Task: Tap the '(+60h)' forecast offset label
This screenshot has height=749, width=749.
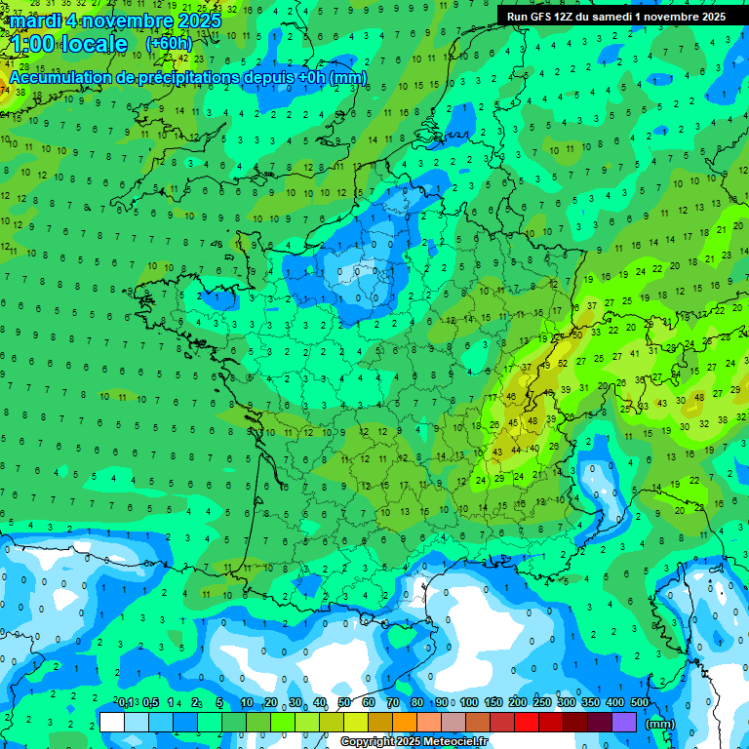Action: (x=169, y=44)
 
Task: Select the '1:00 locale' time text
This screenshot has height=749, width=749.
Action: (x=68, y=45)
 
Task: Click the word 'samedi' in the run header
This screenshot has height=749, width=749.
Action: (x=610, y=17)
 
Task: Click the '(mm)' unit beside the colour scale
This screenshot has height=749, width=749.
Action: (x=660, y=724)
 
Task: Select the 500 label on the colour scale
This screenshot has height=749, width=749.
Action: (x=639, y=703)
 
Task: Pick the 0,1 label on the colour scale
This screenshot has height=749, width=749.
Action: (x=126, y=703)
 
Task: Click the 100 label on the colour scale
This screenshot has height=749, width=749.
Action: (x=469, y=703)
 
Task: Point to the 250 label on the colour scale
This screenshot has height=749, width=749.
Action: (x=541, y=703)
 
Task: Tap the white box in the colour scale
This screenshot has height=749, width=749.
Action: (x=112, y=723)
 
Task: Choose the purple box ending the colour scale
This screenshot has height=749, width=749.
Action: (x=624, y=723)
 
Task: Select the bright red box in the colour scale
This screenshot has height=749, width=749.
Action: (x=527, y=723)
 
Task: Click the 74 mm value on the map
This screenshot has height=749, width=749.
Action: (x=5, y=92)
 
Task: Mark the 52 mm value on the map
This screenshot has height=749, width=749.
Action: (x=563, y=363)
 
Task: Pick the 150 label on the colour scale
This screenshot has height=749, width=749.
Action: (x=493, y=703)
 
